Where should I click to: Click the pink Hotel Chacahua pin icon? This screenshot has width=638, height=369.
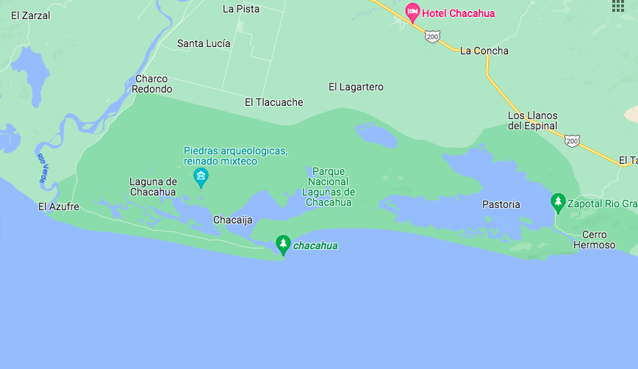point(413,12)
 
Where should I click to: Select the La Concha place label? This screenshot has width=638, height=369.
point(484,51)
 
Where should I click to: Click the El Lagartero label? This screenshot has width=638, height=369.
point(356,87)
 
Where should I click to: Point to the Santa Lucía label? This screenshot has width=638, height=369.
point(204,43)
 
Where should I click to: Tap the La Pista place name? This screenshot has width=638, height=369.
point(241,9)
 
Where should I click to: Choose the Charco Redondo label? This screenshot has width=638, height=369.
point(151,84)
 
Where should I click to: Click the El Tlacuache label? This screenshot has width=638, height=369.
point(273,102)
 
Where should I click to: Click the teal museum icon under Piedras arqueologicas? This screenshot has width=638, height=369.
point(201,176)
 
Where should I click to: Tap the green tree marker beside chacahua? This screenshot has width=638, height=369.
point(283,245)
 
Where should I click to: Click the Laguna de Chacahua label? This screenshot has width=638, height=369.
point(153,187)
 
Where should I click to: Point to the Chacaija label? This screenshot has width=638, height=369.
point(232,220)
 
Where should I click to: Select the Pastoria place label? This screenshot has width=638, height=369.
point(501,204)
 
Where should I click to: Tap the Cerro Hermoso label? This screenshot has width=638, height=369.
point(594,240)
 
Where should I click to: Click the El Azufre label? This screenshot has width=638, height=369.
point(59,207)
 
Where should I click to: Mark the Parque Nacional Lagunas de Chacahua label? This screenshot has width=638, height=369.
point(329,187)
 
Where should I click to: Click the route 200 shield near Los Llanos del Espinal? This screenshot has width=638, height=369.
point(573,139)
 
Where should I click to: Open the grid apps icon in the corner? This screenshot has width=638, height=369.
point(617,6)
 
